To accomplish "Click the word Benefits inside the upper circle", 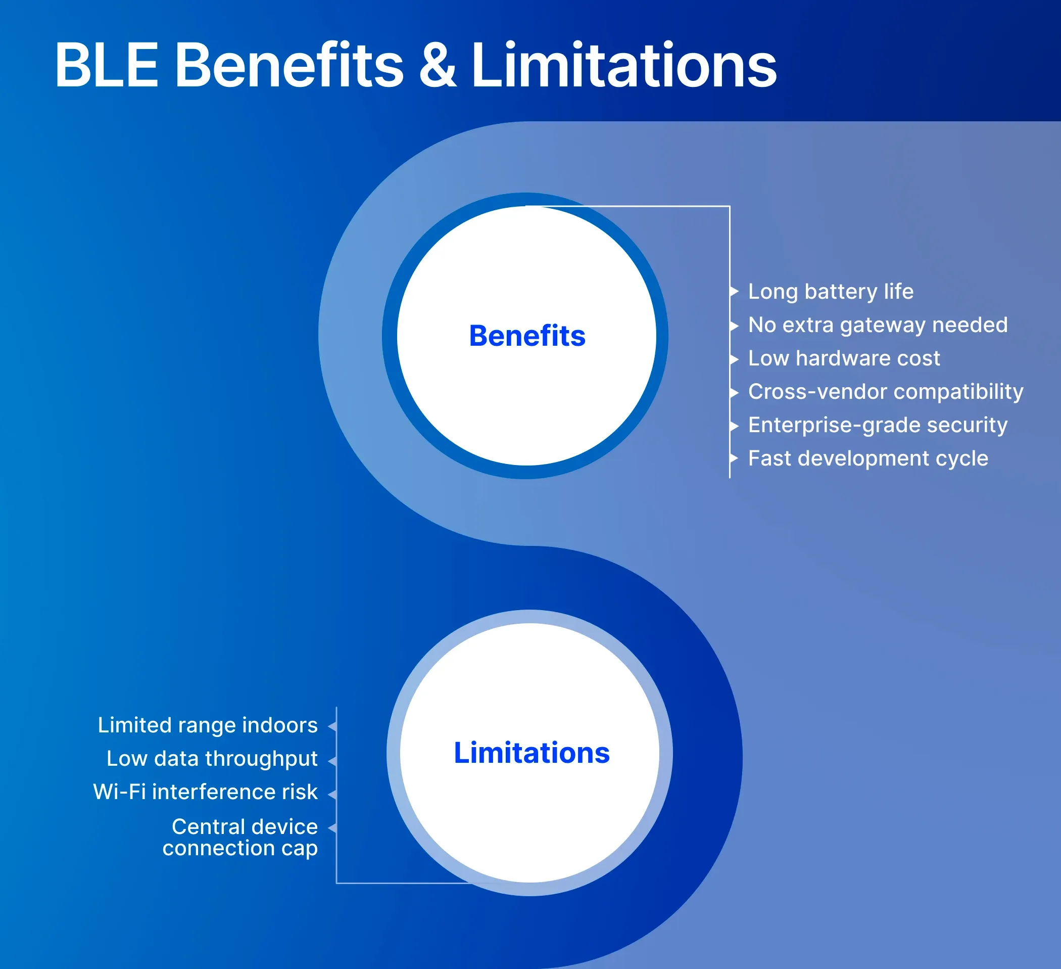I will [x=527, y=336].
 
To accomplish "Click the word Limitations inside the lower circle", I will [x=532, y=753].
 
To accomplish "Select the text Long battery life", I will [x=831, y=292].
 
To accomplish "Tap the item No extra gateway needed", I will [x=877, y=325].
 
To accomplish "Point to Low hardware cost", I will [x=844, y=358].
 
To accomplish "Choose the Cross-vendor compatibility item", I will [x=885, y=392].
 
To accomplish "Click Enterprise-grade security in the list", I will [x=877, y=425].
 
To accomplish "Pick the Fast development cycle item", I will [x=868, y=458].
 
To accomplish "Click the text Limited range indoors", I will [x=208, y=725].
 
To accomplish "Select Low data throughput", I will [x=212, y=759].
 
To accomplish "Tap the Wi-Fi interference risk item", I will [x=205, y=792].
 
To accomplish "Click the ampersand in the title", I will [x=438, y=65].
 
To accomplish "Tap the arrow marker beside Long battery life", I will [x=735, y=291].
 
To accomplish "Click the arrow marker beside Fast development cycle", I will [x=735, y=458].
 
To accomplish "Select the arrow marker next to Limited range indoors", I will [x=332, y=727].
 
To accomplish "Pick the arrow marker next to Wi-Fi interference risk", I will [x=332, y=794].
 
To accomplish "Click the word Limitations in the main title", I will [x=623, y=65].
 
